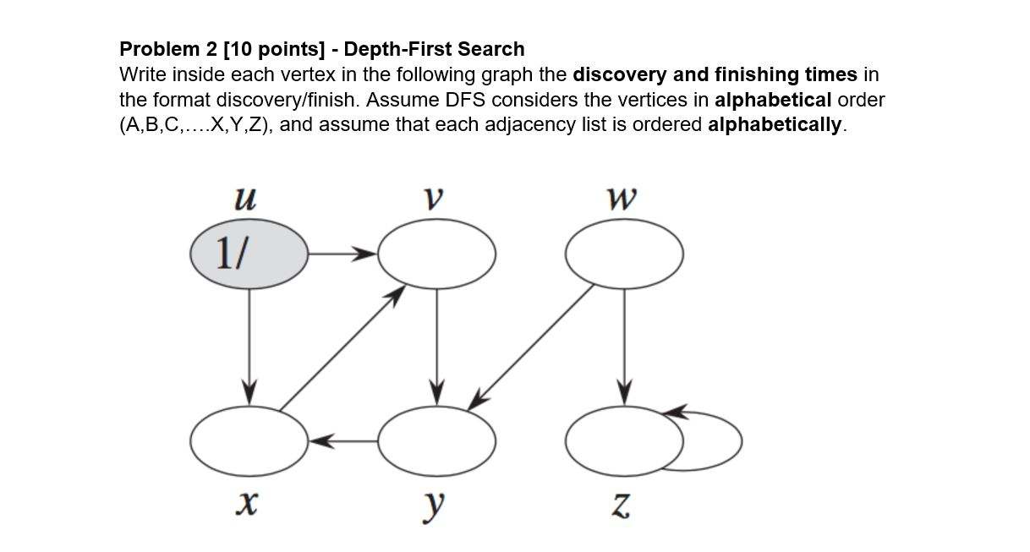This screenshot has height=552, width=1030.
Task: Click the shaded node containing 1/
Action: click(x=249, y=252)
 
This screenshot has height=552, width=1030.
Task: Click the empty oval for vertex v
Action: click(x=436, y=253)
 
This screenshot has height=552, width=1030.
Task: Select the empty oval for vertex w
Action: click(x=624, y=253)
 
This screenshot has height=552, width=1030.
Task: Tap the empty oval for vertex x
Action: click(x=249, y=440)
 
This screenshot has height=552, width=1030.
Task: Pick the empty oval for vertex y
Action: click(x=436, y=440)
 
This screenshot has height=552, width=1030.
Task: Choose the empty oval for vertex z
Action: click(x=624, y=440)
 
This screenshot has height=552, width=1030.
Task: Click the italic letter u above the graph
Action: click(x=244, y=199)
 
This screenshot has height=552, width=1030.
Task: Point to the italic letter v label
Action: click(x=434, y=199)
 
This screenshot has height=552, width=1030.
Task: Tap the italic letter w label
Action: click(x=622, y=199)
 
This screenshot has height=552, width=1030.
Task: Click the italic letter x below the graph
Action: click(x=245, y=504)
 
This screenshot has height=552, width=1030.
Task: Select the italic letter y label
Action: click(x=434, y=505)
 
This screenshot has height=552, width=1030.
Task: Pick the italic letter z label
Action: click(x=622, y=505)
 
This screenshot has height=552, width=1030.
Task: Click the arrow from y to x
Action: click(x=342, y=440)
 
